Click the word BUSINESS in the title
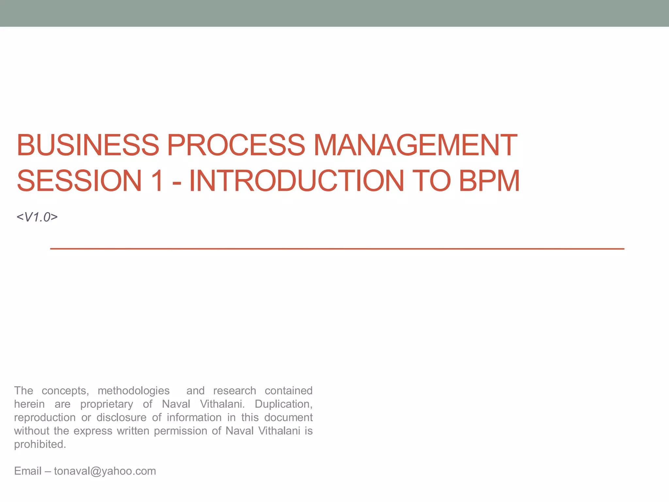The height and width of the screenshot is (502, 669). tap(88, 145)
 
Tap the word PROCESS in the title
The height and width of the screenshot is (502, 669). tap(236, 145)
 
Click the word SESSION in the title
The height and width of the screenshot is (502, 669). tap(79, 181)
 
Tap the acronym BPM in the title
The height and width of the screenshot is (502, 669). tap(489, 181)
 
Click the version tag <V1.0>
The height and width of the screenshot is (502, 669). tap(37, 217)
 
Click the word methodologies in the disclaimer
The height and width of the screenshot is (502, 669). tap(134, 391)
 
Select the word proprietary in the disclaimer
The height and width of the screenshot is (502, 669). tap(106, 404)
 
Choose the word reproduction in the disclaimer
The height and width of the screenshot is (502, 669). tap(45, 418)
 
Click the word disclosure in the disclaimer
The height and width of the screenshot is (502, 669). tap(121, 418)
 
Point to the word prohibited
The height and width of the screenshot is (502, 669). tap(40, 444)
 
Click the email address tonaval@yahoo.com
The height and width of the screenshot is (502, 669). tap(105, 471)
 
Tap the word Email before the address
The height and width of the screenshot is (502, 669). tap(28, 471)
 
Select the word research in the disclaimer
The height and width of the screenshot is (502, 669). tap(235, 391)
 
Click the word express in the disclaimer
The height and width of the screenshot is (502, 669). tap(93, 431)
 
